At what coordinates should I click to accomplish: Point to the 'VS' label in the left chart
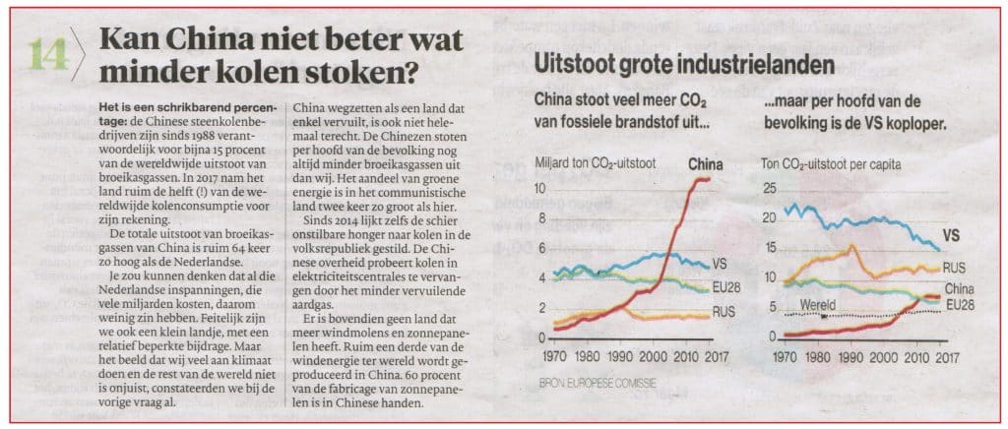pyautogui.click(x=722, y=264)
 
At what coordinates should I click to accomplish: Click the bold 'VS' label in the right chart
pyautogui.click(x=951, y=236)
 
